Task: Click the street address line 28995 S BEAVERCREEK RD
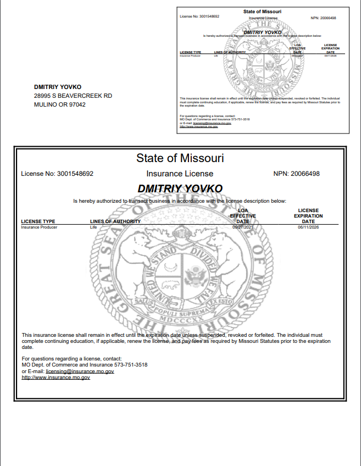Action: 73,96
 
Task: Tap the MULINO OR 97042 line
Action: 60,104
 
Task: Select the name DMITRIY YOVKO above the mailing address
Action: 58,87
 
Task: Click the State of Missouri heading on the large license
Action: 180,158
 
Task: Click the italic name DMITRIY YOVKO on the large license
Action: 180,188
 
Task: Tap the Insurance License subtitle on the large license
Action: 180,174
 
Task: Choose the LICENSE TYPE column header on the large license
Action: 38,221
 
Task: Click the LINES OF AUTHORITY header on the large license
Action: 115,221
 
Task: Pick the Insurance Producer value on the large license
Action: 39,226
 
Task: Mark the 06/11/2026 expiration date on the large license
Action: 308,226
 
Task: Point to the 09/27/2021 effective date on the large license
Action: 242,226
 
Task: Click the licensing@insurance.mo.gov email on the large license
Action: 80,371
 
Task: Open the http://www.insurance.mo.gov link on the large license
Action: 55,378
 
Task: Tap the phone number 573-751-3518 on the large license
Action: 131,365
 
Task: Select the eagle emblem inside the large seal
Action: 195,274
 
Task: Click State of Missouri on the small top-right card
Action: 262,12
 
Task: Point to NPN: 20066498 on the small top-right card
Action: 323,18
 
